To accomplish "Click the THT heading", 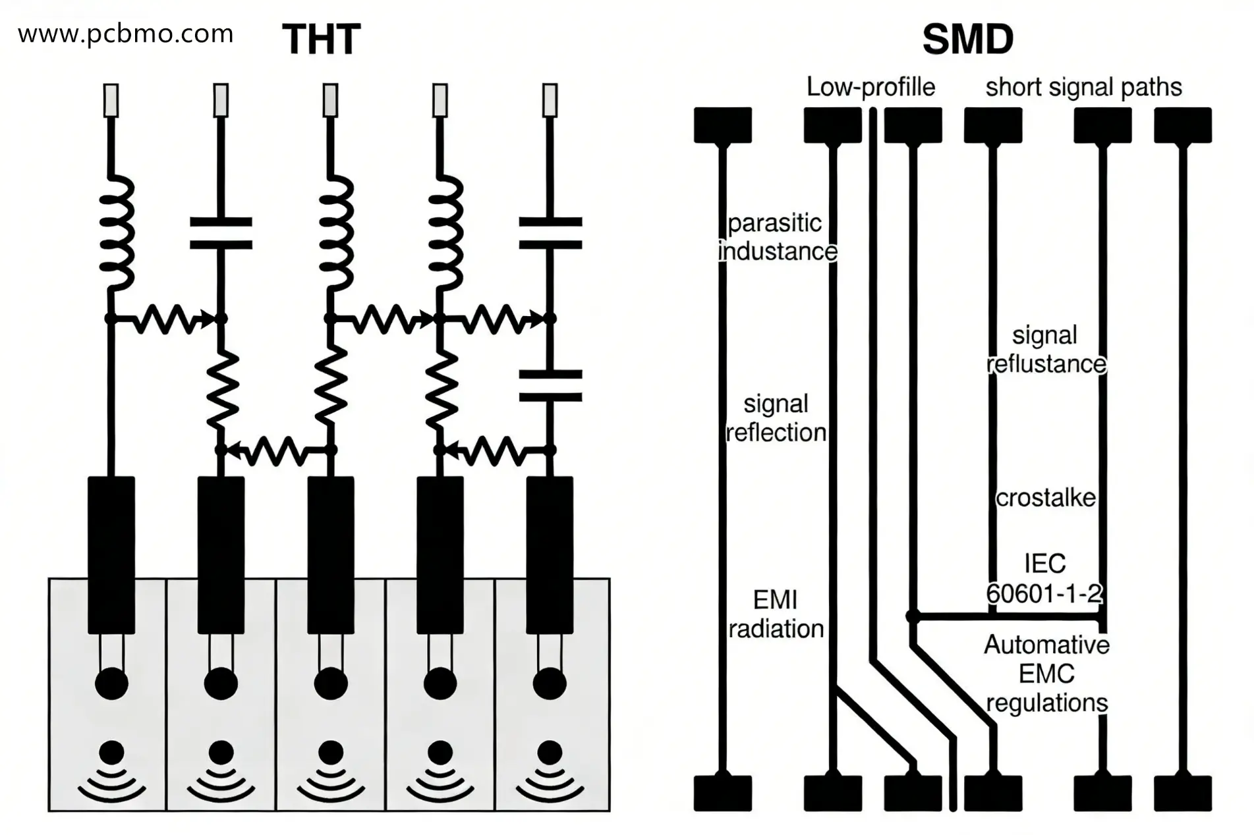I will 321,40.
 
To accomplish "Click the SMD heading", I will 967,40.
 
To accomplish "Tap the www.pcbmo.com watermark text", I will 125,34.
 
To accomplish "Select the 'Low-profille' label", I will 870,87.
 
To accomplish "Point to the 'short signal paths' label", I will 1083,87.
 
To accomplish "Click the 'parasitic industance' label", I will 776,237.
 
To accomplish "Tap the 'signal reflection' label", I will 776,418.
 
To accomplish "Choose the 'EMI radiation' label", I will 776,614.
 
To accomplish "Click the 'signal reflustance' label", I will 1046,350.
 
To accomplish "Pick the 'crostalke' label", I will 1045,498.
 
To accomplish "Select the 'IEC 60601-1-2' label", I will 1044,579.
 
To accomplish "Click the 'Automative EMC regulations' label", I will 1046,674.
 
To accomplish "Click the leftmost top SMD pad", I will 722,125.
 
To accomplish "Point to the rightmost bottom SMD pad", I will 1182,793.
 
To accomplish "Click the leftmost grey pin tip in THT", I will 111,100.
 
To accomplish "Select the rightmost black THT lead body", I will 550,554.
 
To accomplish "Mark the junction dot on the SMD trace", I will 913,616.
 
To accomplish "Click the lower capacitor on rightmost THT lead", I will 550,385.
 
